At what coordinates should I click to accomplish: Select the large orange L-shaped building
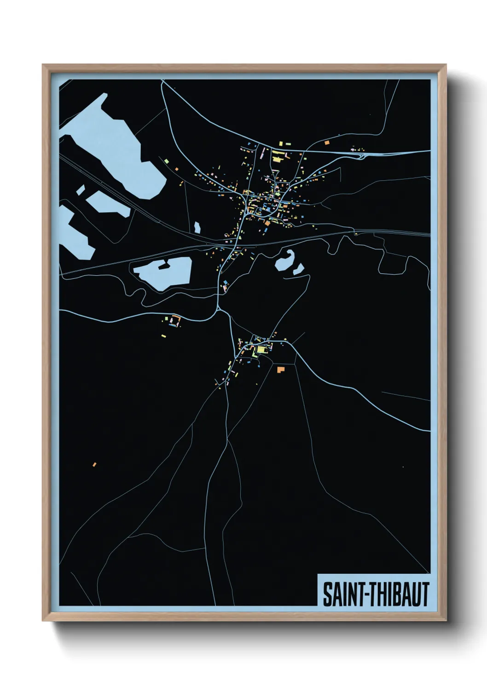tap(280, 369)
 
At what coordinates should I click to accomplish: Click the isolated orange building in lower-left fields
tap(94, 464)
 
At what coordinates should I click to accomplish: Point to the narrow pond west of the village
tap(197, 228)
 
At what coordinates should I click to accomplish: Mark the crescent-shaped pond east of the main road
tap(284, 261)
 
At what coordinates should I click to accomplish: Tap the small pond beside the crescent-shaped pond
tap(298, 269)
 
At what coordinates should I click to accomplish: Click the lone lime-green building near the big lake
tap(175, 169)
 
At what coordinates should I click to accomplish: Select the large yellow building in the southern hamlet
tap(261, 350)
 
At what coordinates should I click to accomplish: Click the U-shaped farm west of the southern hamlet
tap(174, 320)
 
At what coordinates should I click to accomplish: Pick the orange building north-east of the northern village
tap(327, 143)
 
